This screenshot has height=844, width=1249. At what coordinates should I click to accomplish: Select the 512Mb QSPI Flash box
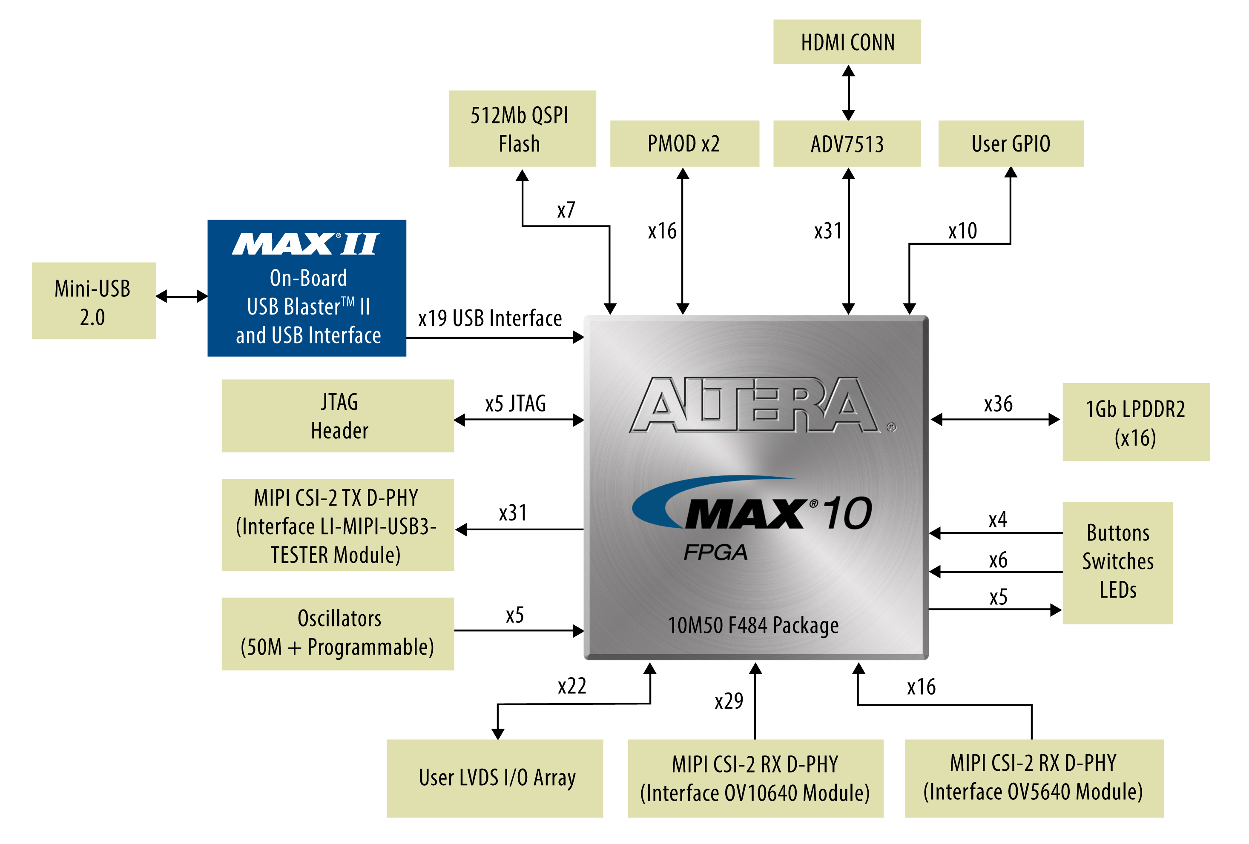522,129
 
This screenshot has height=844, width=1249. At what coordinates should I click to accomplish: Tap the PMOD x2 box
684,143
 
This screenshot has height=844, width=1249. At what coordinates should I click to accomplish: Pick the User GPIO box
1011,143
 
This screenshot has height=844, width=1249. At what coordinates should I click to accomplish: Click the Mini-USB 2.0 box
94,300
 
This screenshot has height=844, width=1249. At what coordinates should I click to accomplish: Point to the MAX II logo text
305,244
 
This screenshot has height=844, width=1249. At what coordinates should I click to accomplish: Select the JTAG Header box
338,416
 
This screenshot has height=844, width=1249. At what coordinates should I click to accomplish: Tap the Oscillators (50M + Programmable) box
338,633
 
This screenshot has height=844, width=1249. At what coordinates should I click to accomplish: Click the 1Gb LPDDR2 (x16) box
1136,422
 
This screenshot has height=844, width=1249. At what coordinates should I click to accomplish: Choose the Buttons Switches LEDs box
1117,562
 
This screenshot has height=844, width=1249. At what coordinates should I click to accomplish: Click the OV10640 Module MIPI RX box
755,778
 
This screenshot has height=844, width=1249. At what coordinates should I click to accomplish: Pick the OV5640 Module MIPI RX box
1034,778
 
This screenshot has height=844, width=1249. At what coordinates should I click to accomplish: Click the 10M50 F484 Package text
753,625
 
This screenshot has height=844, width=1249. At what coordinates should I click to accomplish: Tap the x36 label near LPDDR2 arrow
998,404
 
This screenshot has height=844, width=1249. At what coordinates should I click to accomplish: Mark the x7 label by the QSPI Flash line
566,210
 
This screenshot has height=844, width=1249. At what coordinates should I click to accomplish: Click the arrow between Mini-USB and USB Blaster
182,296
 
